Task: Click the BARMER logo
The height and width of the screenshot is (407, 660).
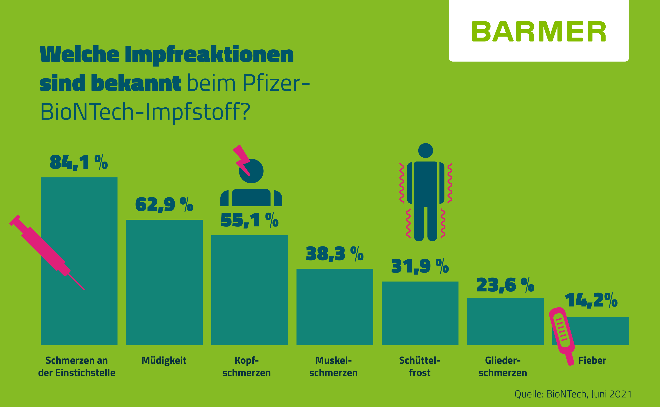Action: point(539,32)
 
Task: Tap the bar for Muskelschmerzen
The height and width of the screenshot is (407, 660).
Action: point(335,307)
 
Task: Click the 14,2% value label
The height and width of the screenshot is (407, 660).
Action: point(591,300)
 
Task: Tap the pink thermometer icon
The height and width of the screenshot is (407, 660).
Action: point(562,334)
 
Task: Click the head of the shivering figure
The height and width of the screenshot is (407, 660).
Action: point(426,150)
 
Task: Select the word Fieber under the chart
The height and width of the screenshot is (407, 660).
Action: point(592,360)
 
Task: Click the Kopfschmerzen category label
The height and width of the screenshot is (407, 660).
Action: point(247,366)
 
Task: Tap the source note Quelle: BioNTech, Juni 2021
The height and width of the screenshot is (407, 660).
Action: point(573,394)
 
